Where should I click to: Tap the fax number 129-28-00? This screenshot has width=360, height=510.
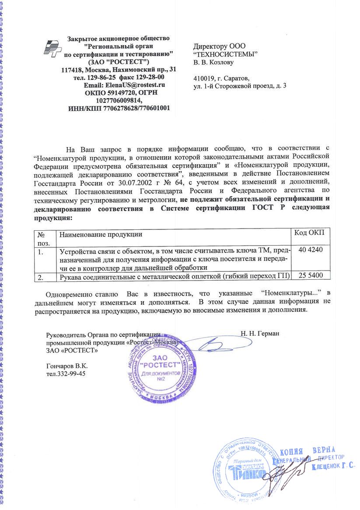click(149, 77)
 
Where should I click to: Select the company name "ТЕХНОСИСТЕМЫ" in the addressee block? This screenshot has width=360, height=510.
click(225, 54)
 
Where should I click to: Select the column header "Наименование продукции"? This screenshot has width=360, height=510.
click(101, 235)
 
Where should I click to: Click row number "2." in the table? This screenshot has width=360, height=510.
click(41, 277)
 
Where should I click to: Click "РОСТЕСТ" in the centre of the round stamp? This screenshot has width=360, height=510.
click(162, 366)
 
